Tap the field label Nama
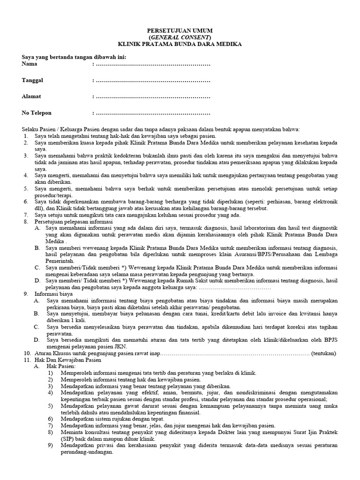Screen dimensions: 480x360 30,64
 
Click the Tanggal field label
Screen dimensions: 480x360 33,80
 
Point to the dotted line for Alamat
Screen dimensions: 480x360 153,97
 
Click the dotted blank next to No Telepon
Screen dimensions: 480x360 153,113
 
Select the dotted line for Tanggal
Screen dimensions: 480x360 153,80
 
